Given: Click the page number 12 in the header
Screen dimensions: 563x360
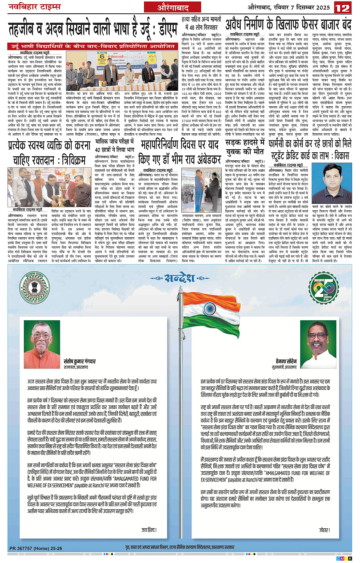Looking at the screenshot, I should coord(342,8).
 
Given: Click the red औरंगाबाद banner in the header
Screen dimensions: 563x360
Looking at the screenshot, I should coord(173,8).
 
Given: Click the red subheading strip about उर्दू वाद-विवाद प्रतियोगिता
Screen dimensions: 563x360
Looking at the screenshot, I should coord(93,46).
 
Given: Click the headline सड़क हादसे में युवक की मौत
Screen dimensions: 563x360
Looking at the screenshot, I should coord(245,147).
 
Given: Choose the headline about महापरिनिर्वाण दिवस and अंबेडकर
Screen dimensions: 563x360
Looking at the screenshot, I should coord(179,152).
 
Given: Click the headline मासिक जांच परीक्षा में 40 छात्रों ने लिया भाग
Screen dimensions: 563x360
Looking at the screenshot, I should coord(114,146).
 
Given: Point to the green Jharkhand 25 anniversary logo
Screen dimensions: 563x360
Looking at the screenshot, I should coord(323,287).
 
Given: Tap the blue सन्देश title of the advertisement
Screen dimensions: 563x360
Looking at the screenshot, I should coord(180,278).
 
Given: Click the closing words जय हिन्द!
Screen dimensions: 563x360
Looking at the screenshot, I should coord(149,530).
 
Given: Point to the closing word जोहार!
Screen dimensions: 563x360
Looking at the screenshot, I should coord(324,530).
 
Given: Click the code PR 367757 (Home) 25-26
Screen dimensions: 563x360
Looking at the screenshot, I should coord(35,549).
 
